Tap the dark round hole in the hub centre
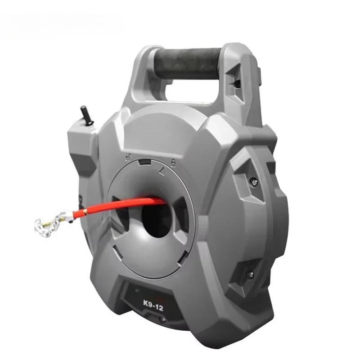(x=157, y=219)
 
